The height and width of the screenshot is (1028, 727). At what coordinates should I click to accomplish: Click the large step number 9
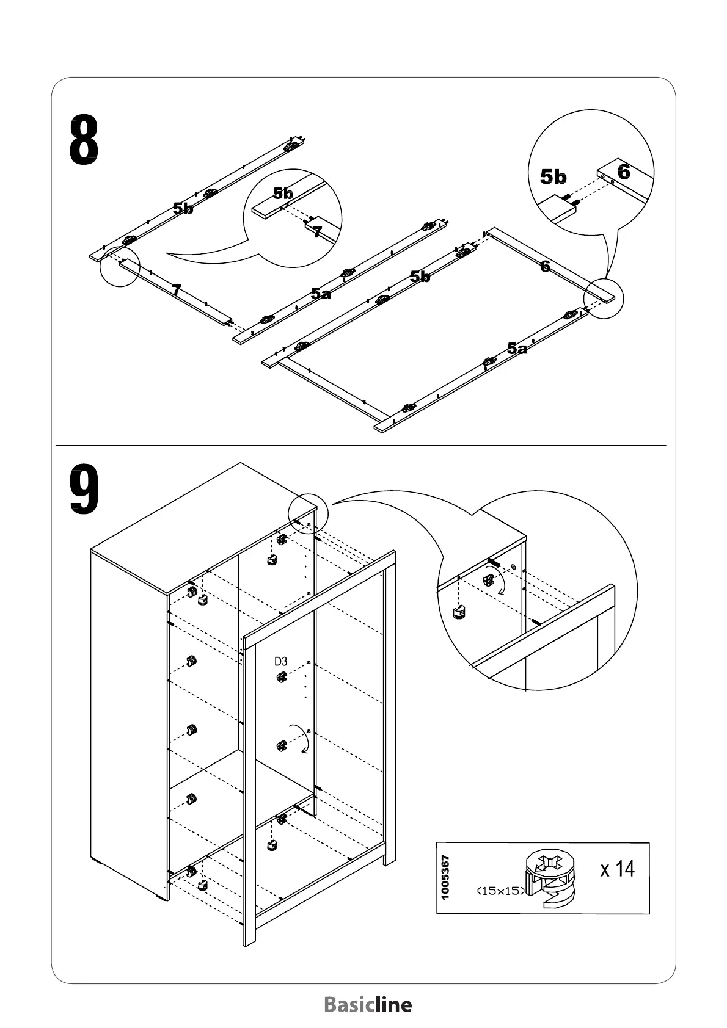(x=84, y=490)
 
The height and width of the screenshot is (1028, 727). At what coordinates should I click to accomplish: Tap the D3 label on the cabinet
(x=280, y=661)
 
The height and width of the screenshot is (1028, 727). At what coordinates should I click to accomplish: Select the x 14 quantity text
(x=617, y=868)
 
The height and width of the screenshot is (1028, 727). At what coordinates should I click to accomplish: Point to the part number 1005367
(x=445, y=877)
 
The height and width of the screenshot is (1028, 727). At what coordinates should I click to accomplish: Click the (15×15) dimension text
(x=500, y=891)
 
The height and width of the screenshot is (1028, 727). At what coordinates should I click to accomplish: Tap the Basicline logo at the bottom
(x=368, y=1004)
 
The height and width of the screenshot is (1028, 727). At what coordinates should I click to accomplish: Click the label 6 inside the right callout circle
(x=623, y=172)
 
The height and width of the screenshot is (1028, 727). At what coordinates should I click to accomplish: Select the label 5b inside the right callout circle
(x=553, y=177)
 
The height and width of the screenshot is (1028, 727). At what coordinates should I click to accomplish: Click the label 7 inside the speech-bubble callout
(x=317, y=232)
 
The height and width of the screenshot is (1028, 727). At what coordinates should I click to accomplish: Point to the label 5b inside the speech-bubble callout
(x=283, y=194)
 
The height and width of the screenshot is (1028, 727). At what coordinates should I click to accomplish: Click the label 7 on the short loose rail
(x=176, y=290)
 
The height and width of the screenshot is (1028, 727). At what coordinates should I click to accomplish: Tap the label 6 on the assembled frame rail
(x=545, y=266)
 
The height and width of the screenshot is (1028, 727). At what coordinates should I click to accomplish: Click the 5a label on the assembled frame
(x=517, y=349)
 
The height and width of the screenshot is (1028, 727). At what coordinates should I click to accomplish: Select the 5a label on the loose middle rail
(x=321, y=294)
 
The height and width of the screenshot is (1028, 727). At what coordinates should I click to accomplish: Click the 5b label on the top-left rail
(x=183, y=208)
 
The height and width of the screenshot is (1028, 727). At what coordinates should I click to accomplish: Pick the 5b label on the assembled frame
(x=420, y=277)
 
